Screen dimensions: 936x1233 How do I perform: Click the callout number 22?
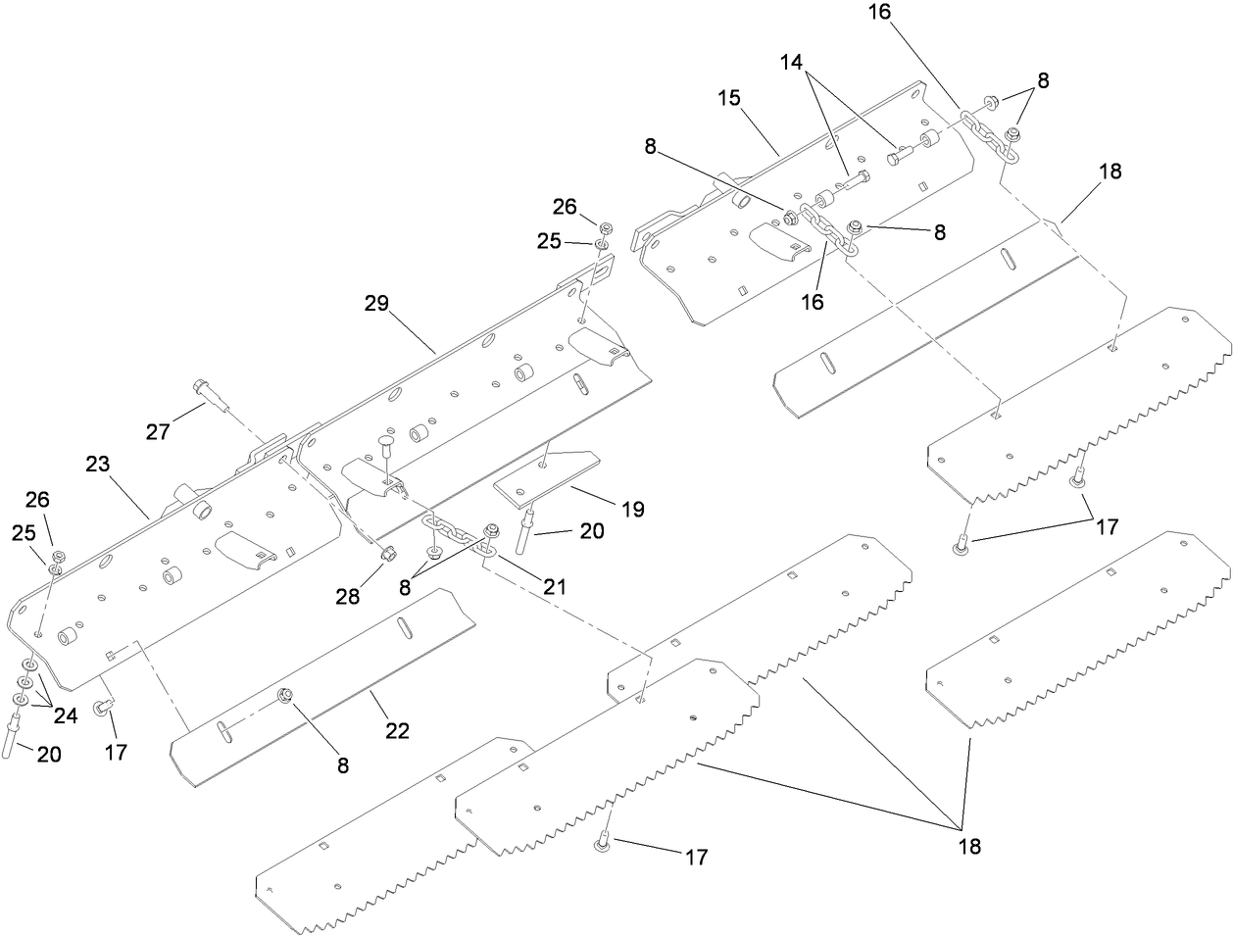[398, 730]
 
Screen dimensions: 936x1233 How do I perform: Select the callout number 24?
[66, 715]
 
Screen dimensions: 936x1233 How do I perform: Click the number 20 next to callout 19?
[592, 531]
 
